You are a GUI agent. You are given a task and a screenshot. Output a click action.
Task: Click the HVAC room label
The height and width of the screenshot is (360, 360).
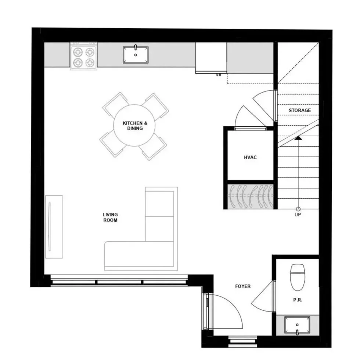click(250, 157)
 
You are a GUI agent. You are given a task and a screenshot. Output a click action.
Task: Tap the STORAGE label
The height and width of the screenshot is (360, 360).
click(300, 110)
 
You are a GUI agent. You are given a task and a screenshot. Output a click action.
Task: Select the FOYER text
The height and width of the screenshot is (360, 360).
click(243, 286)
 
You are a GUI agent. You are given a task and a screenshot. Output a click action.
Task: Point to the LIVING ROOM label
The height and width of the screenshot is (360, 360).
click(110, 217)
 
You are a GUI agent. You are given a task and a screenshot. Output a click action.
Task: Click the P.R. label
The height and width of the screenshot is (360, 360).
click(298, 300)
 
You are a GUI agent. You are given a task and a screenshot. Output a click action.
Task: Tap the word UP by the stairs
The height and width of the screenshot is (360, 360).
click(298, 215)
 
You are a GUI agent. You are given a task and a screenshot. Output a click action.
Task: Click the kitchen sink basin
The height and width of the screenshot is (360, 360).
click(136, 55)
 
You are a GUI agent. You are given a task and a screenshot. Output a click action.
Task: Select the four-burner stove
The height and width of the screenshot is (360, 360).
click(84, 56)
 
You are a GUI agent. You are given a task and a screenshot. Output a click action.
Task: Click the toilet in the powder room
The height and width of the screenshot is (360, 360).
click(298, 277)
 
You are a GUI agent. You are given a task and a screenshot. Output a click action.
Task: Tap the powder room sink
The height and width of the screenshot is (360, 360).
click(297, 325)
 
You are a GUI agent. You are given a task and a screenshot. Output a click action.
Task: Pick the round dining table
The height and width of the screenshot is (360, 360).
click(134, 125)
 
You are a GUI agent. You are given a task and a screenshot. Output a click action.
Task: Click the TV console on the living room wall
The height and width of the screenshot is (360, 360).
click(54, 227)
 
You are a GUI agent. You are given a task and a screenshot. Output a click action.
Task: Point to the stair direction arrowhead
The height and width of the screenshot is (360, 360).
click(298, 138)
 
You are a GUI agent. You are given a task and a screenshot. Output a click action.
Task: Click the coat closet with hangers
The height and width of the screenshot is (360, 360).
click(250, 196)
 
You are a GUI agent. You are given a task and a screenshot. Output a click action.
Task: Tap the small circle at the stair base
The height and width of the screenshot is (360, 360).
click(298, 209)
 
